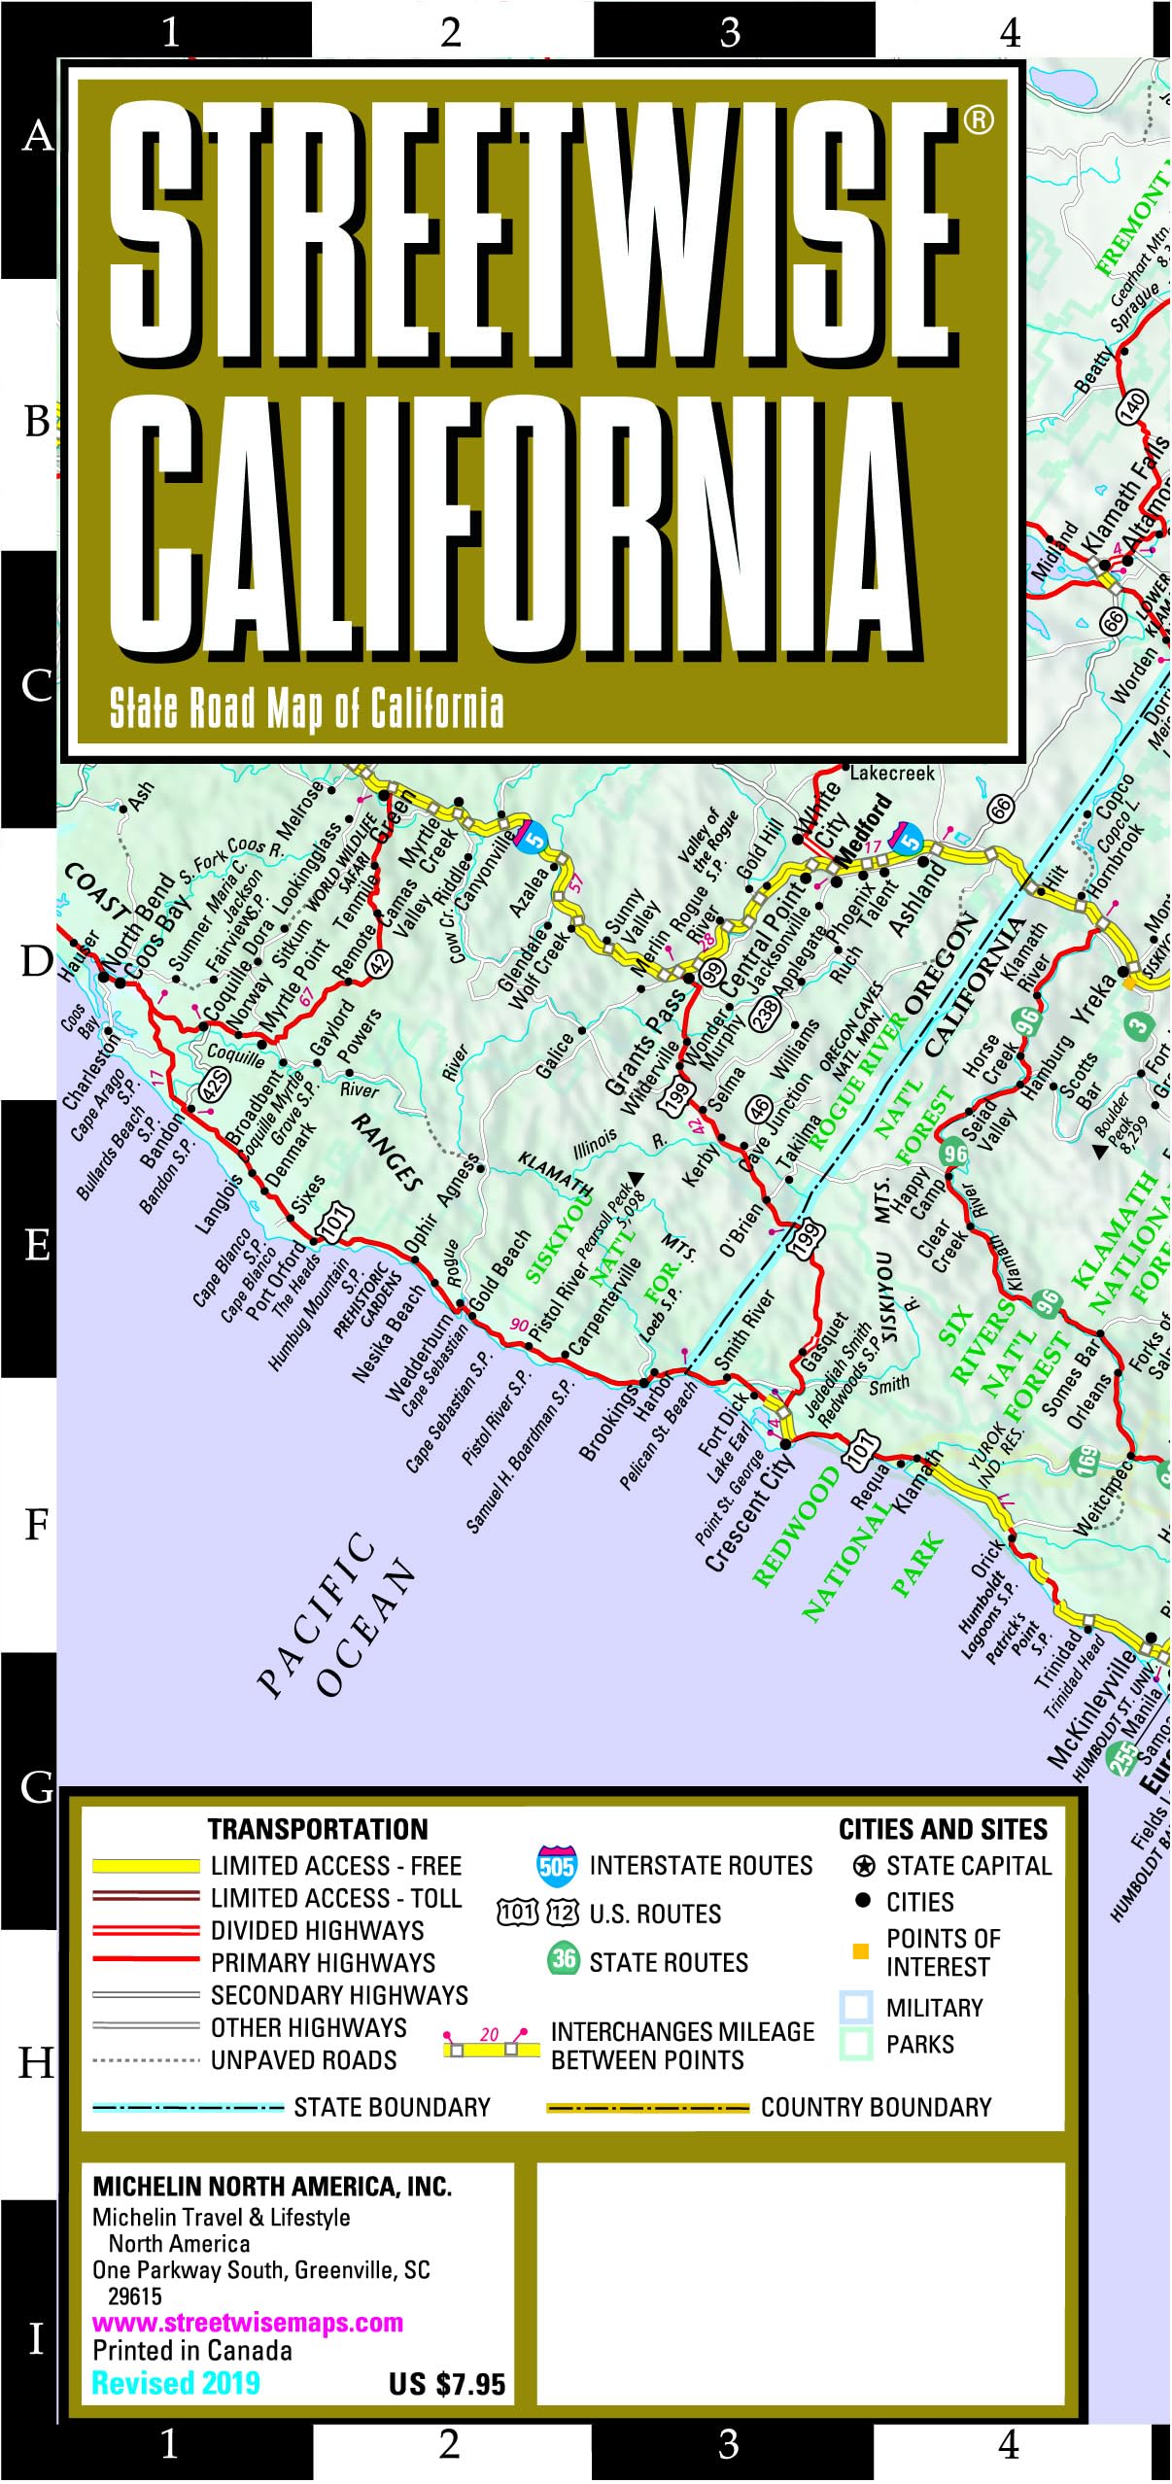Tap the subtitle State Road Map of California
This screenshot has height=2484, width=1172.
(x=306, y=708)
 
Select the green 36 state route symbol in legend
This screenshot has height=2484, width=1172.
(x=564, y=1958)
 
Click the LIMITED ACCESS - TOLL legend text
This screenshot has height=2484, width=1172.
(x=335, y=1898)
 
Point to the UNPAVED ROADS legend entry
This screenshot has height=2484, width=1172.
(x=303, y=2060)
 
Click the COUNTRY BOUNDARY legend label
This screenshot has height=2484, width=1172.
(x=876, y=2107)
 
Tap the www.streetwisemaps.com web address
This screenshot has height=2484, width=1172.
(x=247, y=2323)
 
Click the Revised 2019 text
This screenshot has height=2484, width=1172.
(x=176, y=2383)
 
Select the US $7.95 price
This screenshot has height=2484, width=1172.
(x=447, y=2384)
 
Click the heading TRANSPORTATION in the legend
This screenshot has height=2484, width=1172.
(x=318, y=1829)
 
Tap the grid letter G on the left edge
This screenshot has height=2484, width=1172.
(x=37, y=1786)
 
